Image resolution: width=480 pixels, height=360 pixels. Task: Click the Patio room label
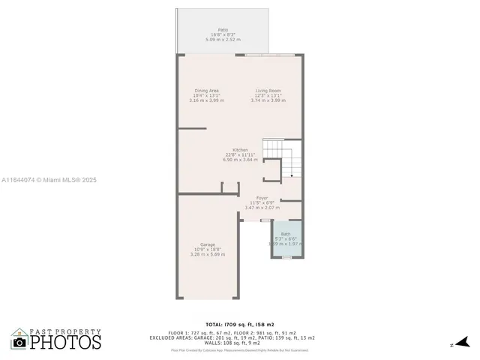(x=223, y=29)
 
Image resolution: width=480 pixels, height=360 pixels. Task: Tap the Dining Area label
(x=207, y=91)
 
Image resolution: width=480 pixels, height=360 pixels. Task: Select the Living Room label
(x=268, y=91)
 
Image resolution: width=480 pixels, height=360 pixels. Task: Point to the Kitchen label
(x=240, y=150)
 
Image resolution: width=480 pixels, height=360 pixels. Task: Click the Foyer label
(x=262, y=198)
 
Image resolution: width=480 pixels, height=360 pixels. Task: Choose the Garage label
(x=208, y=245)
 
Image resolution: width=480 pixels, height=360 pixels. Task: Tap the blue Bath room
(x=288, y=240)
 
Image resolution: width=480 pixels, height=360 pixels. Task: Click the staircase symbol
(x=282, y=158)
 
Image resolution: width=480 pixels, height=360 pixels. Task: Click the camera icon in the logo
(x=19, y=342)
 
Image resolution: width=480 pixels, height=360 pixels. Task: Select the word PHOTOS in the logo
(x=65, y=342)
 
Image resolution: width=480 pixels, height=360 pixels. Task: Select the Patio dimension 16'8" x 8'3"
(x=223, y=34)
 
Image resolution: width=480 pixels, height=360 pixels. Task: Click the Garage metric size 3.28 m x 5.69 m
(x=208, y=254)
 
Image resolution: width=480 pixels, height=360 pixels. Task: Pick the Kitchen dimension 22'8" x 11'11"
(x=240, y=154)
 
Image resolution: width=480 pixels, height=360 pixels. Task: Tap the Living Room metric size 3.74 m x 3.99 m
(x=268, y=100)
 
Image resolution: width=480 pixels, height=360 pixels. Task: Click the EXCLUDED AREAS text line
(x=240, y=337)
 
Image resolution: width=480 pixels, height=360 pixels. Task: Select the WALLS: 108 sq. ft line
(x=240, y=343)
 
